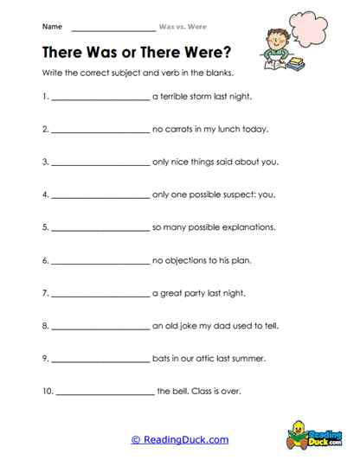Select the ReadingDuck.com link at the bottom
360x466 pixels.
click(x=180, y=439)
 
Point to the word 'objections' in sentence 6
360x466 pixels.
click(x=186, y=260)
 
